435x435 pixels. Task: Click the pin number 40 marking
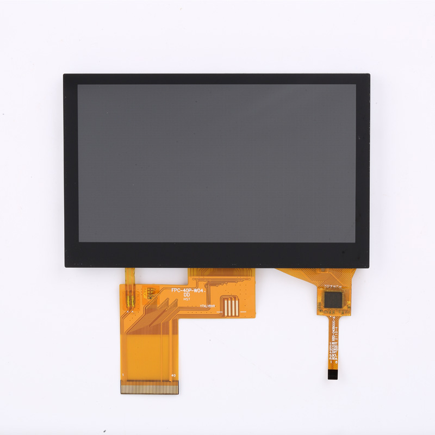pyautogui.click(x=173, y=376)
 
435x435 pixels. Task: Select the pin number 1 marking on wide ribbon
pyautogui.click(x=124, y=376)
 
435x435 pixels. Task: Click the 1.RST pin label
pyautogui.click(x=333, y=344)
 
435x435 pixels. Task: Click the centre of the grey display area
pyautogui.click(x=216, y=163)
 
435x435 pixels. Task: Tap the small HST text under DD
pyautogui.click(x=187, y=299)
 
